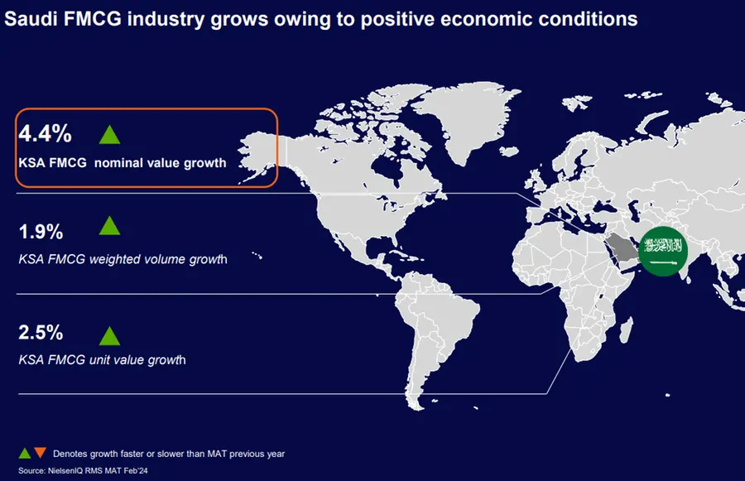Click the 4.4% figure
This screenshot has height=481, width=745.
(x=46, y=133)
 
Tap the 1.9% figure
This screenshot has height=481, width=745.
(x=41, y=232)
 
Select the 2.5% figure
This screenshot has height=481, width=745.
(x=41, y=332)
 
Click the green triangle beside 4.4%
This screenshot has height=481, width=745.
(x=110, y=135)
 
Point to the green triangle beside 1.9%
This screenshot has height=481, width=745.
(x=110, y=226)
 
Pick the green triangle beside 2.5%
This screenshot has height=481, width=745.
(x=110, y=336)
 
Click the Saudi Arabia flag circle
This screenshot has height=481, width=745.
(x=663, y=251)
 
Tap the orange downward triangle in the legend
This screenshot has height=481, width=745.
(x=41, y=452)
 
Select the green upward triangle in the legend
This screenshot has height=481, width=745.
(x=25, y=453)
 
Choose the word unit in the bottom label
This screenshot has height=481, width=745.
(x=99, y=359)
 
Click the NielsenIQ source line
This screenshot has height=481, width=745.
(x=83, y=470)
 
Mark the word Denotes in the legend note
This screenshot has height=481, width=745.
(x=70, y=454)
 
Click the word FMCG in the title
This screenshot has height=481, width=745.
(x=92, y=19)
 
